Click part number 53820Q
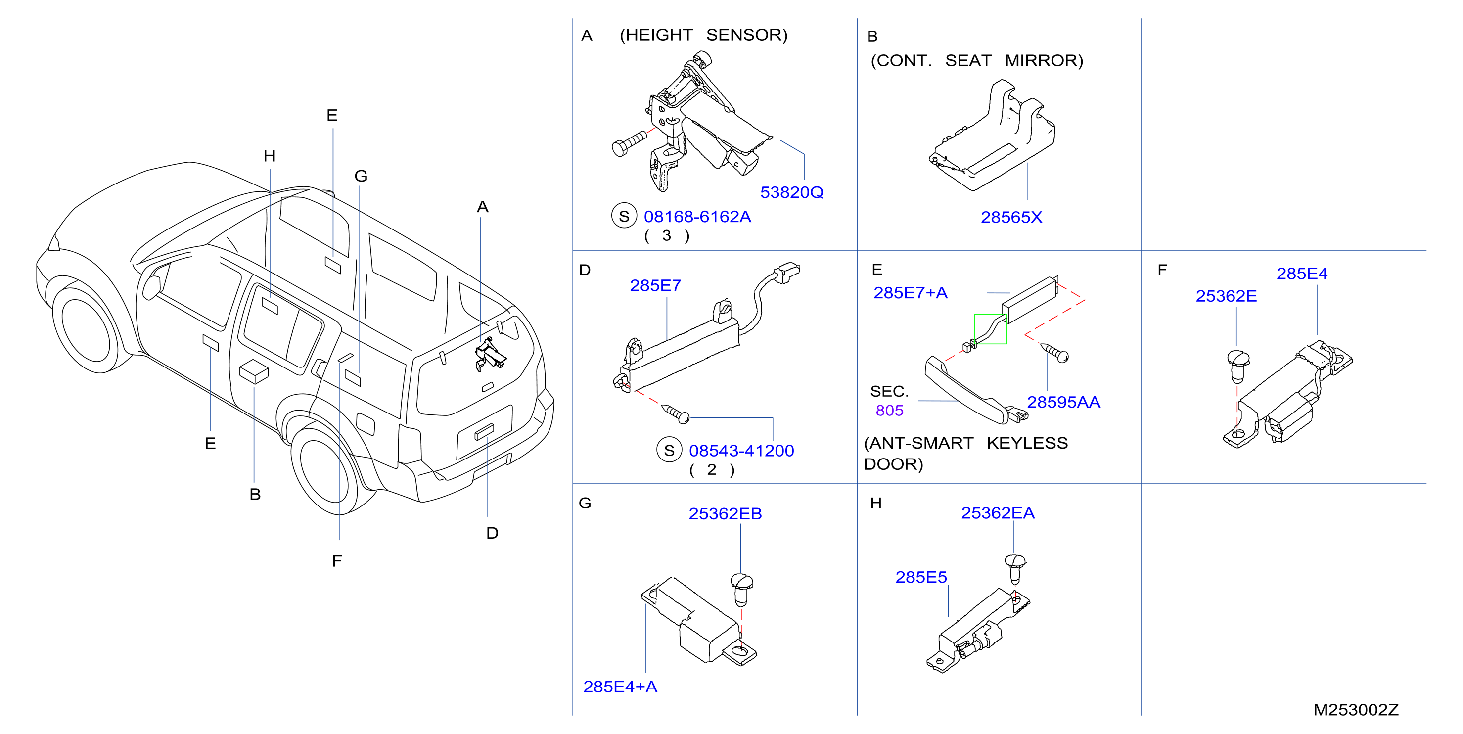coord(792,192)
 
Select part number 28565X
coord(1011,217)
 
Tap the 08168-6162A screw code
coord(697,217)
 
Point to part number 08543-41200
coord(741,451)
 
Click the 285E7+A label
coord(911,293)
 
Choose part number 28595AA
coord(1064,402)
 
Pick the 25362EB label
coord(725,513)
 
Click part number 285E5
coord(921,577)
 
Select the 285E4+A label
coord(620,687)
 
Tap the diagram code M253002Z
coord(1356,710)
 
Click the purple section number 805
coord(889,411)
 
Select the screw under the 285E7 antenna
coord(676,414)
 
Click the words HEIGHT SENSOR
coord(704,35)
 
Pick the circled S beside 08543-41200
coord(669,450)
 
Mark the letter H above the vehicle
coord(269,156)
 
